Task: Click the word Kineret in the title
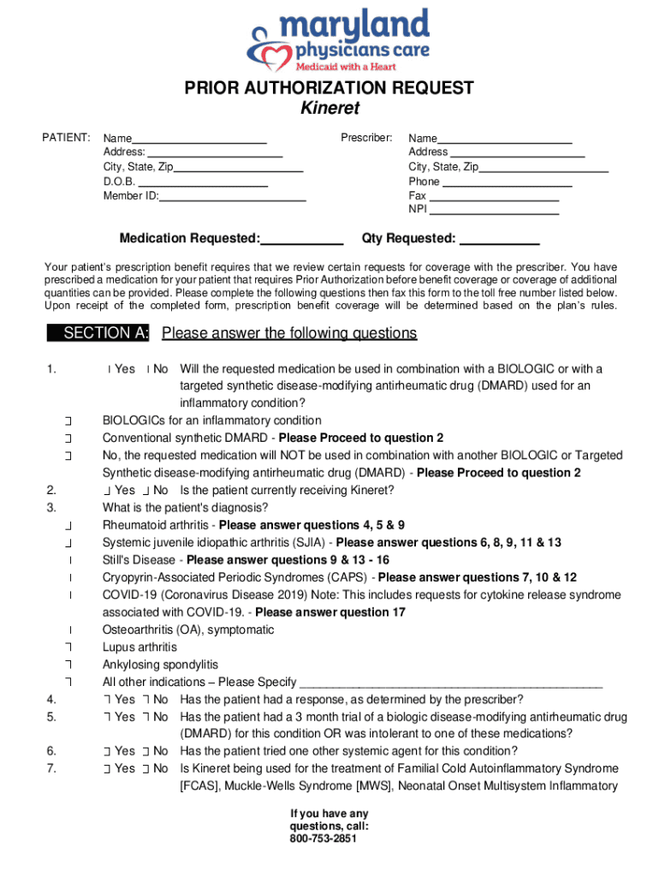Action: (329, 109)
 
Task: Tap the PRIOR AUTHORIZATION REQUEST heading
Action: (329, 88)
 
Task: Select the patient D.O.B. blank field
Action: (203, 182)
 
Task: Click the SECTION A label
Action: (101, 333)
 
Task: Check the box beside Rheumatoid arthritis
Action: (68, 526)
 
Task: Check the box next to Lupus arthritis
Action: (68, 648)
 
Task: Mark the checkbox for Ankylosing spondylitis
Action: (68, 665)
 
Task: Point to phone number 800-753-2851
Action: (329, 838)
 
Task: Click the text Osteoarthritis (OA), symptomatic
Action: (188, 630)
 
